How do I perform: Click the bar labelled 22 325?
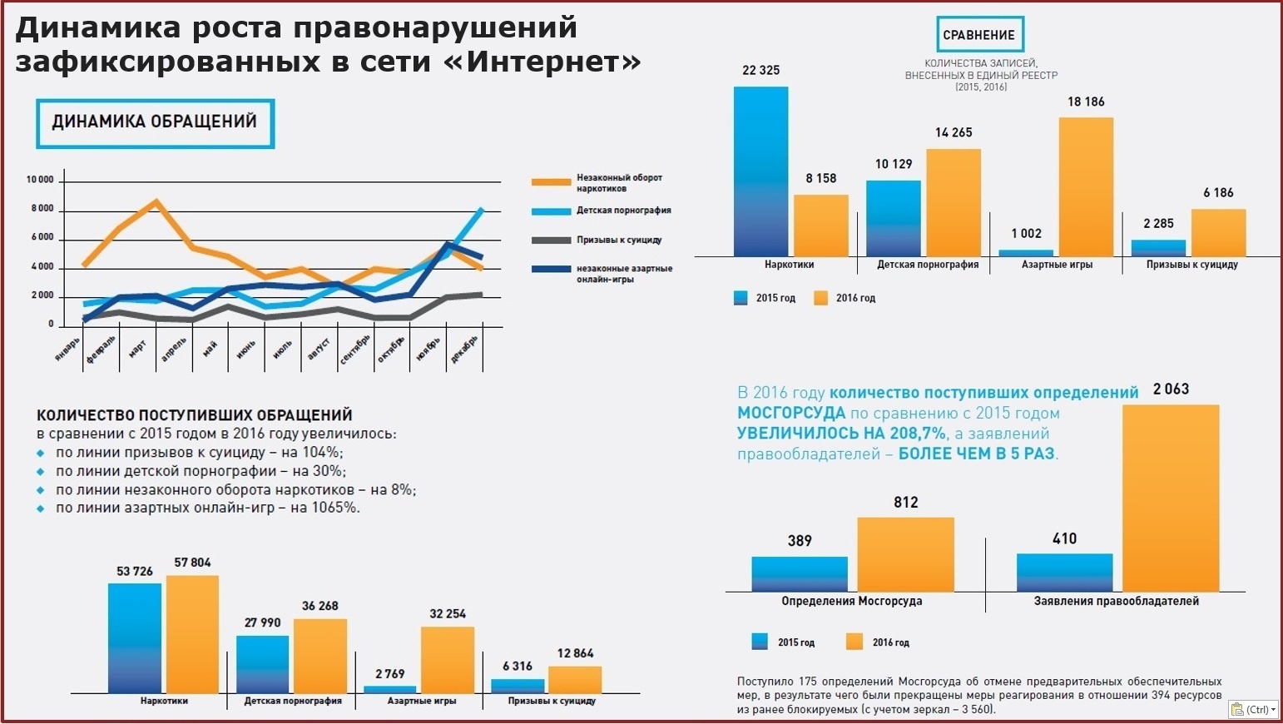760,171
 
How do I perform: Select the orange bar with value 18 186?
1086,186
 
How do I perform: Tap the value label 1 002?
1026,234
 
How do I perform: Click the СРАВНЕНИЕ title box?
979,35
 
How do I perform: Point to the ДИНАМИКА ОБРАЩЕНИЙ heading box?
155,123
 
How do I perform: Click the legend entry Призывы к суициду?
618,240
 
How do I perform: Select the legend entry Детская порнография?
623,211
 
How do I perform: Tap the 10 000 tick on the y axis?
40,180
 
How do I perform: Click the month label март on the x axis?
137,350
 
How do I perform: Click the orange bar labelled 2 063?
1171,498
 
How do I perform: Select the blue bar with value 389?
799,573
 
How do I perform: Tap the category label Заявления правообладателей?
1116,601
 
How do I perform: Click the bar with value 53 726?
134,637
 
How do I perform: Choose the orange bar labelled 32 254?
448,659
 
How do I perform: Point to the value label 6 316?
518,666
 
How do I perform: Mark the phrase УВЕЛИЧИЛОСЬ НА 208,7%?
841,434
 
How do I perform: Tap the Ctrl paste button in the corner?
1252,710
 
